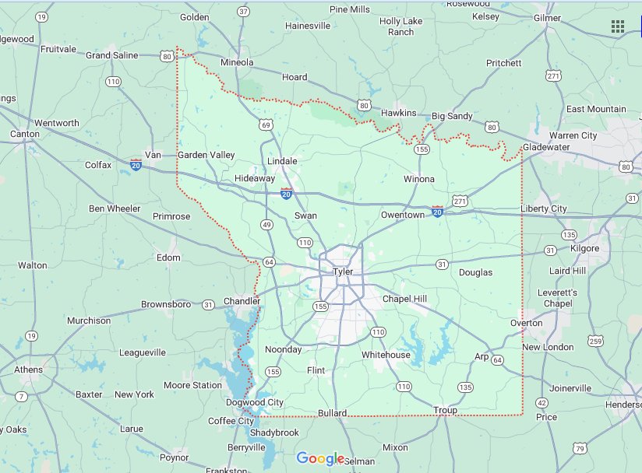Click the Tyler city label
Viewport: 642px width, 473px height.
(x=343, y=272)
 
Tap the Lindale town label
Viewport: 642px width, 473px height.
(x=282, y=161)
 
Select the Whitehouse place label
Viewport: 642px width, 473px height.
(x=386, y=355)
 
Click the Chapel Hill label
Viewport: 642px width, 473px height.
(x=404, y=299)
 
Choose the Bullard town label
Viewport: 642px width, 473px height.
(x=333, y=413)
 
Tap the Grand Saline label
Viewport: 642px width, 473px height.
(x=112, y=55)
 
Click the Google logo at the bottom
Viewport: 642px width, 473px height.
(x=320, y=458)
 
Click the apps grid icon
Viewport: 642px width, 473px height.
(x=618, y=26)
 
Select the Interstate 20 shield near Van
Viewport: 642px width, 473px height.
(x=136, y=166)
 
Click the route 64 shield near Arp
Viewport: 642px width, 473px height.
(x=497, y=359)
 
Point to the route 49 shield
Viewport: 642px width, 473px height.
(x=266, y=225)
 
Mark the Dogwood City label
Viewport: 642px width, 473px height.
(x=255, y=402)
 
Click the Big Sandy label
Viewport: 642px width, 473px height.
(x=452, y=116)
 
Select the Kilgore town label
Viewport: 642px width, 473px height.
(x=585, y=248)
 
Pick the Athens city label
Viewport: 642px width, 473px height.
(x=29, y=370)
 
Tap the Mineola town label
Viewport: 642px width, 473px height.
(x=237, y=61)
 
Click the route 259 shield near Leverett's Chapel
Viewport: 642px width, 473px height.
(x=596, y=341)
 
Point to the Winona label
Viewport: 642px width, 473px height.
(x=419, y=179)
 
